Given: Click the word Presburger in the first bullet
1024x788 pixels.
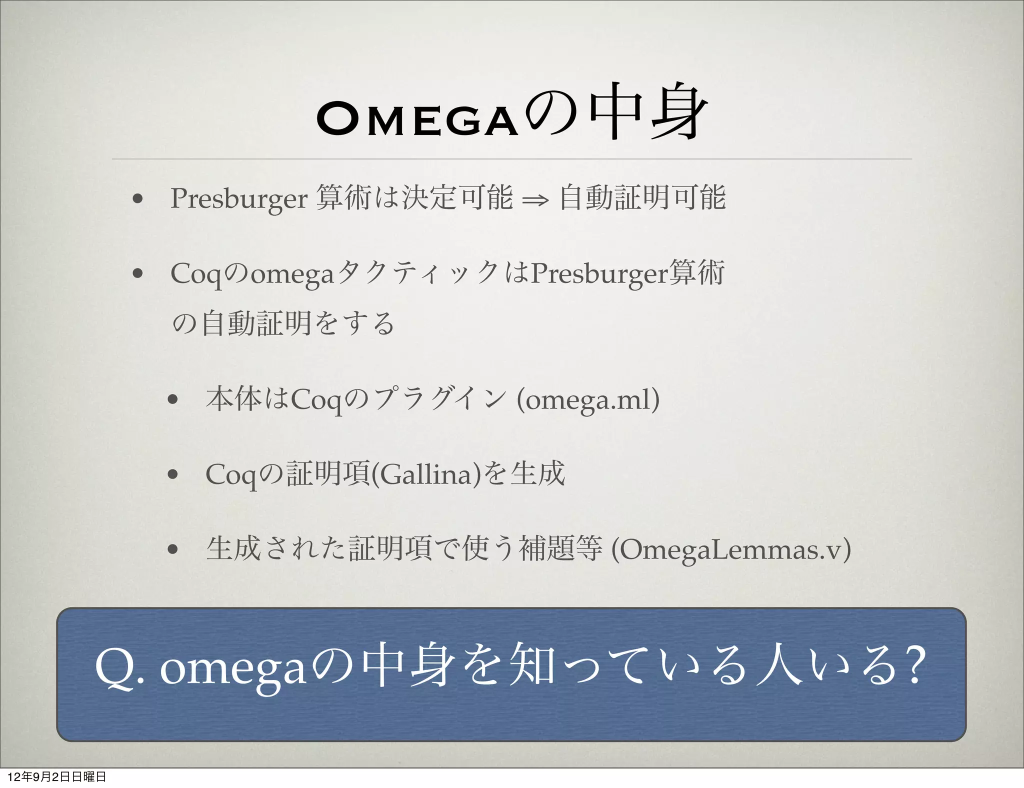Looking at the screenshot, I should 238,198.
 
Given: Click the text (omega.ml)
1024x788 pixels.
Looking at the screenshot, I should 588,399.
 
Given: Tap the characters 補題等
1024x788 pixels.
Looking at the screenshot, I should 561,548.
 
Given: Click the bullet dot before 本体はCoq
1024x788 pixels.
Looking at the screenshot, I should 173,400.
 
